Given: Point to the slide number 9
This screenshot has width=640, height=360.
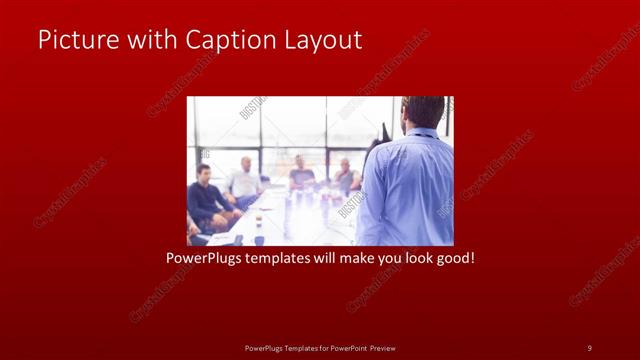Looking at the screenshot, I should [x=589, y=347].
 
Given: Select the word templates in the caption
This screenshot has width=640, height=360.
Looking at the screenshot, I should [x=279, y=258].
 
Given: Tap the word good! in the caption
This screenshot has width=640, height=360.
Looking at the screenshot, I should [x=455, y=258].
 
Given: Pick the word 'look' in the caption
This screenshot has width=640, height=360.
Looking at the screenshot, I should [x=417, y=258].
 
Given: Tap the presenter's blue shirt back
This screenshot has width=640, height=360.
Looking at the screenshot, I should [x=408, y=185].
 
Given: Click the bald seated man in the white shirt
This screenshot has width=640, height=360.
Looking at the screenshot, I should [x=245, y=180].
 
